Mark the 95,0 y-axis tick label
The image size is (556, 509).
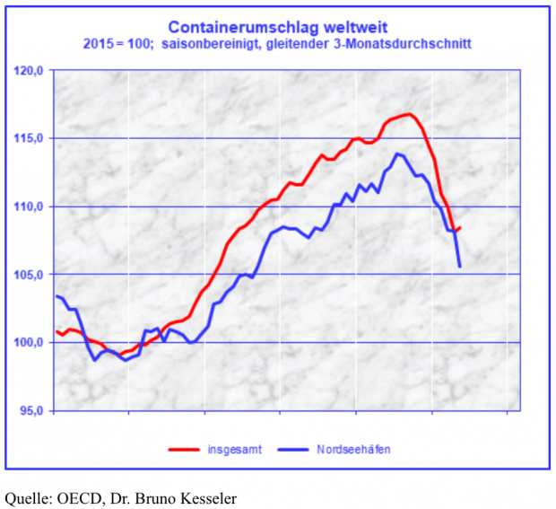(31, 410)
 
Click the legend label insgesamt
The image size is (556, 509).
(235, 448)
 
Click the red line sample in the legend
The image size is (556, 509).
(184, 448)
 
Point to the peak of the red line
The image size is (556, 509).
(408, 114)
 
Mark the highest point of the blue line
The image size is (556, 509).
(397, 154)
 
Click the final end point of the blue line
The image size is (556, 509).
(460, 267)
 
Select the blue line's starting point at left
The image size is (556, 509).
(56, 296)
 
